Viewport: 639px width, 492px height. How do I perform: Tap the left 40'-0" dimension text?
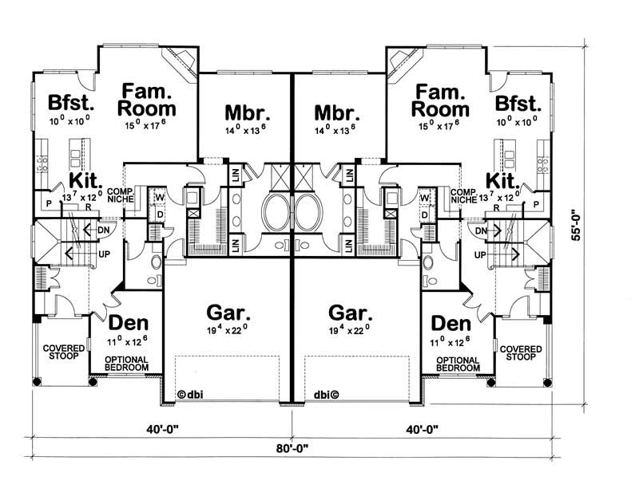162,426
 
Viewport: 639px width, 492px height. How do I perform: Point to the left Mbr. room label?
244,111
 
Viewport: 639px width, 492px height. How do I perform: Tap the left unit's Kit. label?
83,180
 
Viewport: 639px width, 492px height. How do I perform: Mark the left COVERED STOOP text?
63,354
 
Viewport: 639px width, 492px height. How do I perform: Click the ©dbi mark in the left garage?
192,393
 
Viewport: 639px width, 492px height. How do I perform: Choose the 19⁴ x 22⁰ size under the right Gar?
347,327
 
